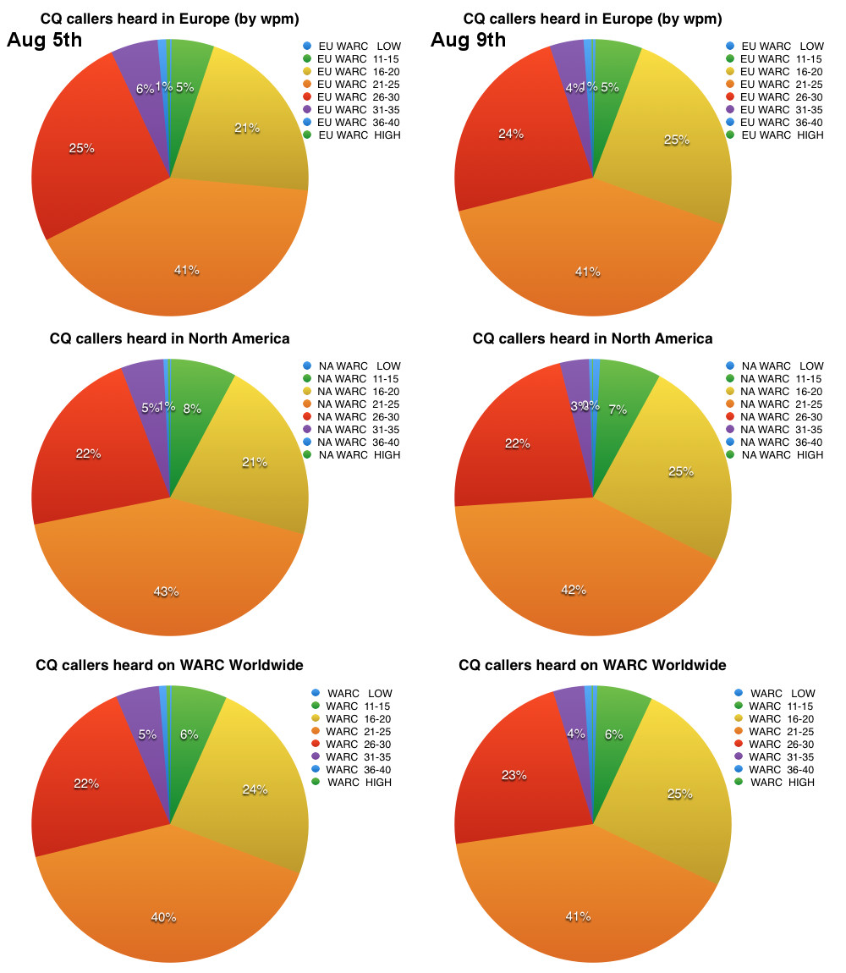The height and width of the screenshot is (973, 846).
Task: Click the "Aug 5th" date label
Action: pyautogui.click(x=45, y=40)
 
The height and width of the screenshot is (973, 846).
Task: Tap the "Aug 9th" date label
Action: pyautogui.click(x=468, y=40)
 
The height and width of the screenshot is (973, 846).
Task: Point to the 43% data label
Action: pyautogui.click(x=166, y=591)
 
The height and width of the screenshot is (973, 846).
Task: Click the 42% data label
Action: pyautogui.click(x=574, y=590)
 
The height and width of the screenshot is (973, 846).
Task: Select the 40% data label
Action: pyautogui.click(x=163, y=917)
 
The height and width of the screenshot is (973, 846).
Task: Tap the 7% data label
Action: pyautogui.click(x=618, y=410)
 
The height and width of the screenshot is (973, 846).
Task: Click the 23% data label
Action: pyautogui.click(x=514, y=774)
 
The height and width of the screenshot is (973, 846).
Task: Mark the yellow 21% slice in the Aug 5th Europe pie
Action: pyautogui.click(x=245, y=135)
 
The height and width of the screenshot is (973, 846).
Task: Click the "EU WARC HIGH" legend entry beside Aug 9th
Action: pyautogui.click(x=774, y=135)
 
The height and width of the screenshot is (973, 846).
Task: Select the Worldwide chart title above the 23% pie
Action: pyautogui.click(x=592, y=665)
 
